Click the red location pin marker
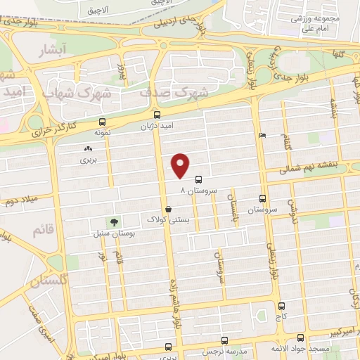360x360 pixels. pos(181,165)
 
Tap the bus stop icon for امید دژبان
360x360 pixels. pos(156,114)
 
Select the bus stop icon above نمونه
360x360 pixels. pos(103,121)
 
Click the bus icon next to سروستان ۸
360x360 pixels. pos(198,179)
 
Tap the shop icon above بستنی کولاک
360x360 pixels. pos(168,210)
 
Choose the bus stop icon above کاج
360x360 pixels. pos(282,307)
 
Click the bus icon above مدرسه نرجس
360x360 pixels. pos(224,340)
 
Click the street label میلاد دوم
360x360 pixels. pos(20,202)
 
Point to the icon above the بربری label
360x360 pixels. pos(88,148)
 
